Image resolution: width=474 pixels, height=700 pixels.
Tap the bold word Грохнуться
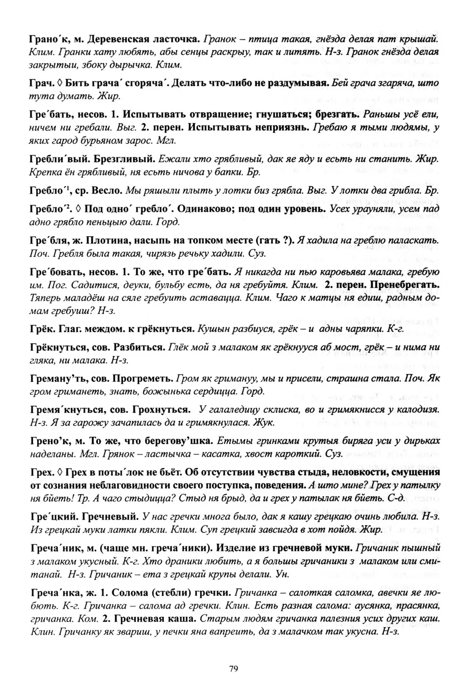[164, 410]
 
